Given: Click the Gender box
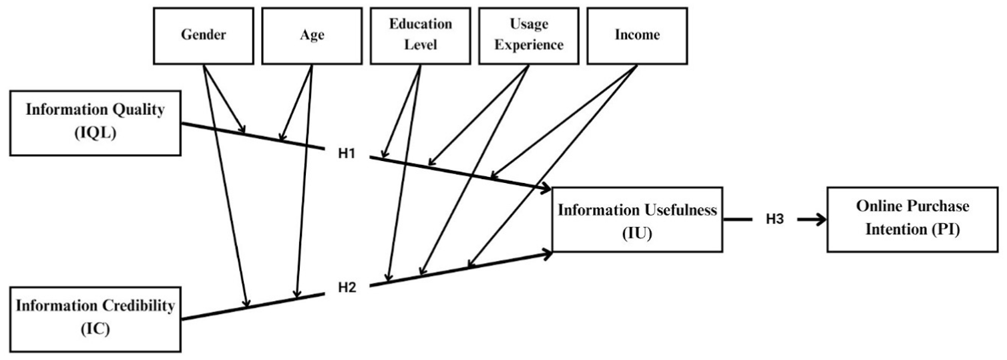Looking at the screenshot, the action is point(204,36).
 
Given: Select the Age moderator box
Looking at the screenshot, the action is point(312,36).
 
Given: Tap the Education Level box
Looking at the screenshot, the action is point(420,36).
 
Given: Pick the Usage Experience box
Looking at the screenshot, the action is point(529,36).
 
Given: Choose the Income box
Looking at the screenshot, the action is point(637,36).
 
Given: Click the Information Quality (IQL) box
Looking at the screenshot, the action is point(95,123).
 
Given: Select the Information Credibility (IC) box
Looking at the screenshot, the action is point(95,319).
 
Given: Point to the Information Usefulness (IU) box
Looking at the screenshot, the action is point(638,219).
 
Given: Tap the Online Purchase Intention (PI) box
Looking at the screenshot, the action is point(913,219).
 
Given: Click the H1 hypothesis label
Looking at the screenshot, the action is point(347,154).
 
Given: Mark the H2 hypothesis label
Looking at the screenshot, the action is point(347,287).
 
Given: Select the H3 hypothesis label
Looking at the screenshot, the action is point(775,219).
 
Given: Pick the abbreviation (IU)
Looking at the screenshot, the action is point(637,234).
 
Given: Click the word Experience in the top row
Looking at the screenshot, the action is point(529,45).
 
